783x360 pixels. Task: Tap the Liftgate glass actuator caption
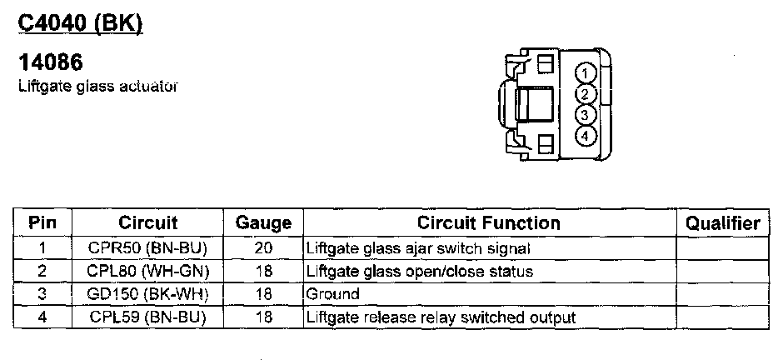point(98,86)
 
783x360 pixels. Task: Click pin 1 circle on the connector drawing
point(586,72)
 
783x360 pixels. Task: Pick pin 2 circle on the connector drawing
point(586,93)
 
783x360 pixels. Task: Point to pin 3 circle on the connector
point(586,114)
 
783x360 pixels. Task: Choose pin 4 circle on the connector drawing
point(586,135)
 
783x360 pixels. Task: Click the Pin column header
point(42,223)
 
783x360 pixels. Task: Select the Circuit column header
point(148,223)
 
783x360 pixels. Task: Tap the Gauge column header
point(263,223)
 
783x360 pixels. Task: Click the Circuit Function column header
point(489,223)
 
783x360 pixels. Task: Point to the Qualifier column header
point(722,223)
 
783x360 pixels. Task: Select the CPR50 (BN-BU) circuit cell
point(147,247)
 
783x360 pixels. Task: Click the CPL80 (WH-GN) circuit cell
point(147,271)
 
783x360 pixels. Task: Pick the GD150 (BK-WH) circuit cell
point(147,294)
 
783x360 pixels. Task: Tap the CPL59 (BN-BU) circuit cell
point(147,317)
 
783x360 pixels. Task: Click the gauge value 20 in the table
point(263,247)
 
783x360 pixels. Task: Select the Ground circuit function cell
point(333,294)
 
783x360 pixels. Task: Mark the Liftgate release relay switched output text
point(441,317)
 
